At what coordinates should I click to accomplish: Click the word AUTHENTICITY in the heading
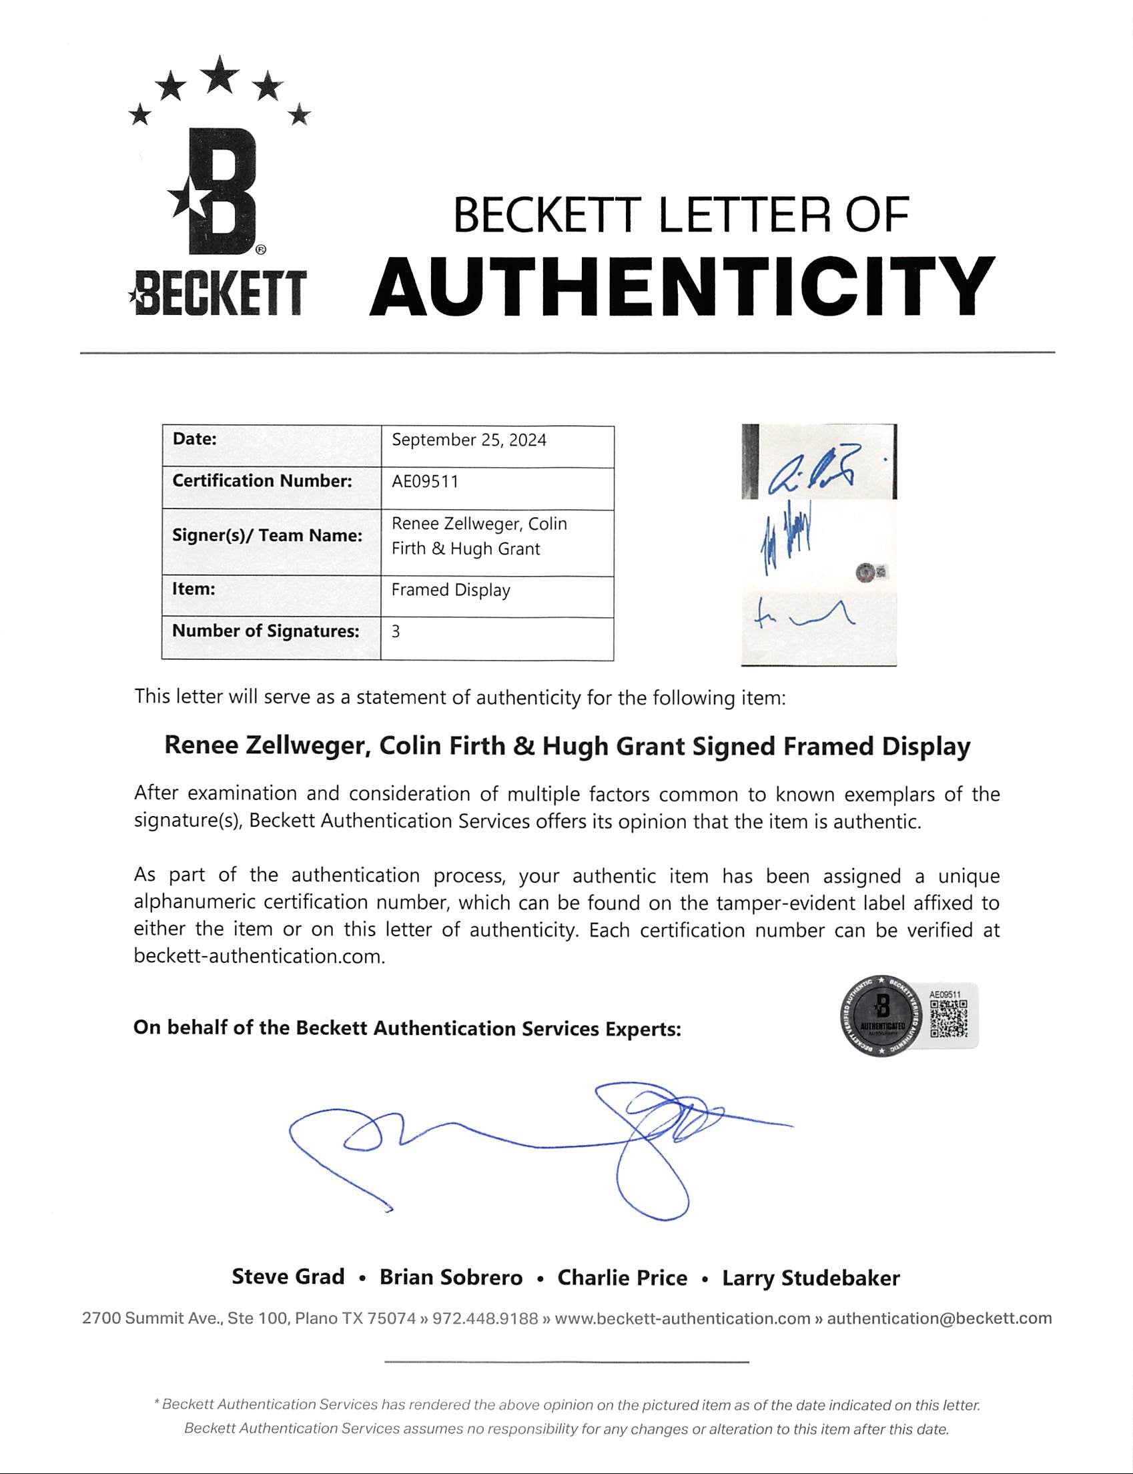point(682,287)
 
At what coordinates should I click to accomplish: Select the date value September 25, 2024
point(468,440)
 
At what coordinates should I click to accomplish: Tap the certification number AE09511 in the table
point(425,482)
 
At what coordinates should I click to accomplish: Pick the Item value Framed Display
point(450,590)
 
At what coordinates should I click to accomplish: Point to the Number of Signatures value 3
point(396,631)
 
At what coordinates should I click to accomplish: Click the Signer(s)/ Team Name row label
point(267,535)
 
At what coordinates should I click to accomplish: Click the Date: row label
point(195,439)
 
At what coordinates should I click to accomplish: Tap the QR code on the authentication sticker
point(948,1019)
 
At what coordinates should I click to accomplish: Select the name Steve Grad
point(288,1277)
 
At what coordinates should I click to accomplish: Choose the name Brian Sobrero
point(450,1278)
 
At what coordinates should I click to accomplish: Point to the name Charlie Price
point(622,1278)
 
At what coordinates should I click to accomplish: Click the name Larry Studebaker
point(811,1278)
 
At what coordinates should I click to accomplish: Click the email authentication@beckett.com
point(939,1319)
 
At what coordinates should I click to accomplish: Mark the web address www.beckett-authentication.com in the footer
point(682,1319)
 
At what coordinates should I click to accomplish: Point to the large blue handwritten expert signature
point(540,1146)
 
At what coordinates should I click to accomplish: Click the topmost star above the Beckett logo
point(220,75)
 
